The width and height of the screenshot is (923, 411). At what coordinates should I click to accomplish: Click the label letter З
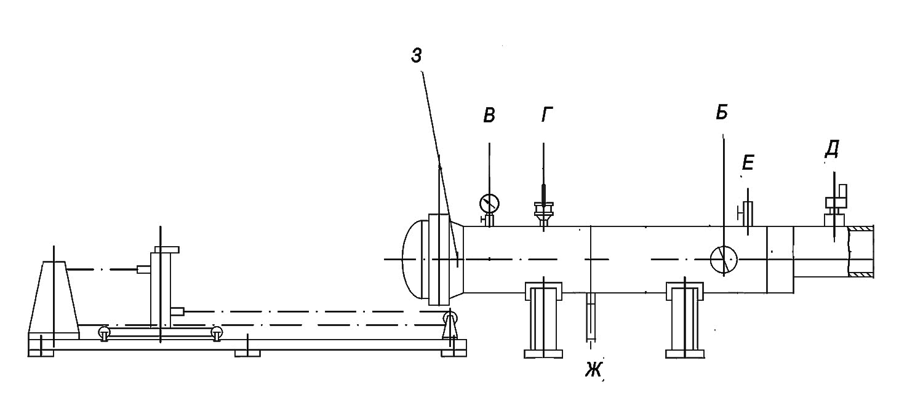(x=416, y=55)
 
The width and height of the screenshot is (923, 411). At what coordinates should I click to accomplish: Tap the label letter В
(x=489, y=115)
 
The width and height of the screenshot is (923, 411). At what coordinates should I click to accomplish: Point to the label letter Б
(x=722, y=112)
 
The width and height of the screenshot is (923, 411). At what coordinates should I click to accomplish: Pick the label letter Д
(x=832, y=149)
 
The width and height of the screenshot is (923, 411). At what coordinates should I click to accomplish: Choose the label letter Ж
(x=593, y=370)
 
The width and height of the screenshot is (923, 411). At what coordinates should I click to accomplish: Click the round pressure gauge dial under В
(x=490, y=203)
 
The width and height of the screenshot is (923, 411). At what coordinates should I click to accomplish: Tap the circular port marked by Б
(x=724, y=260)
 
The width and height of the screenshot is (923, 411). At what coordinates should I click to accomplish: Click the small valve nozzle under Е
(x=746, y=213)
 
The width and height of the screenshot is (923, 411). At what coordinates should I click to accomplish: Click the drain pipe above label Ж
(x=591, y=317)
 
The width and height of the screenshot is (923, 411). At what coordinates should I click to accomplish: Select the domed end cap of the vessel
(x=415, y=259)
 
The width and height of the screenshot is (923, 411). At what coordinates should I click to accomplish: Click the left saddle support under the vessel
(x=543, y=320)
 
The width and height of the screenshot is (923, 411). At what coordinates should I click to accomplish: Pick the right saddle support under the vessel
(x=685, y=320)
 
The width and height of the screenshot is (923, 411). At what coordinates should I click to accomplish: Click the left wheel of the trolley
(x=104, y=333)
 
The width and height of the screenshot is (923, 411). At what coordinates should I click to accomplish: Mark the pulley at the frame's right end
(x=450, y=317)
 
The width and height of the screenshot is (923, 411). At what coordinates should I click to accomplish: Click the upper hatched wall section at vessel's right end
(x=861, y=228)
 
